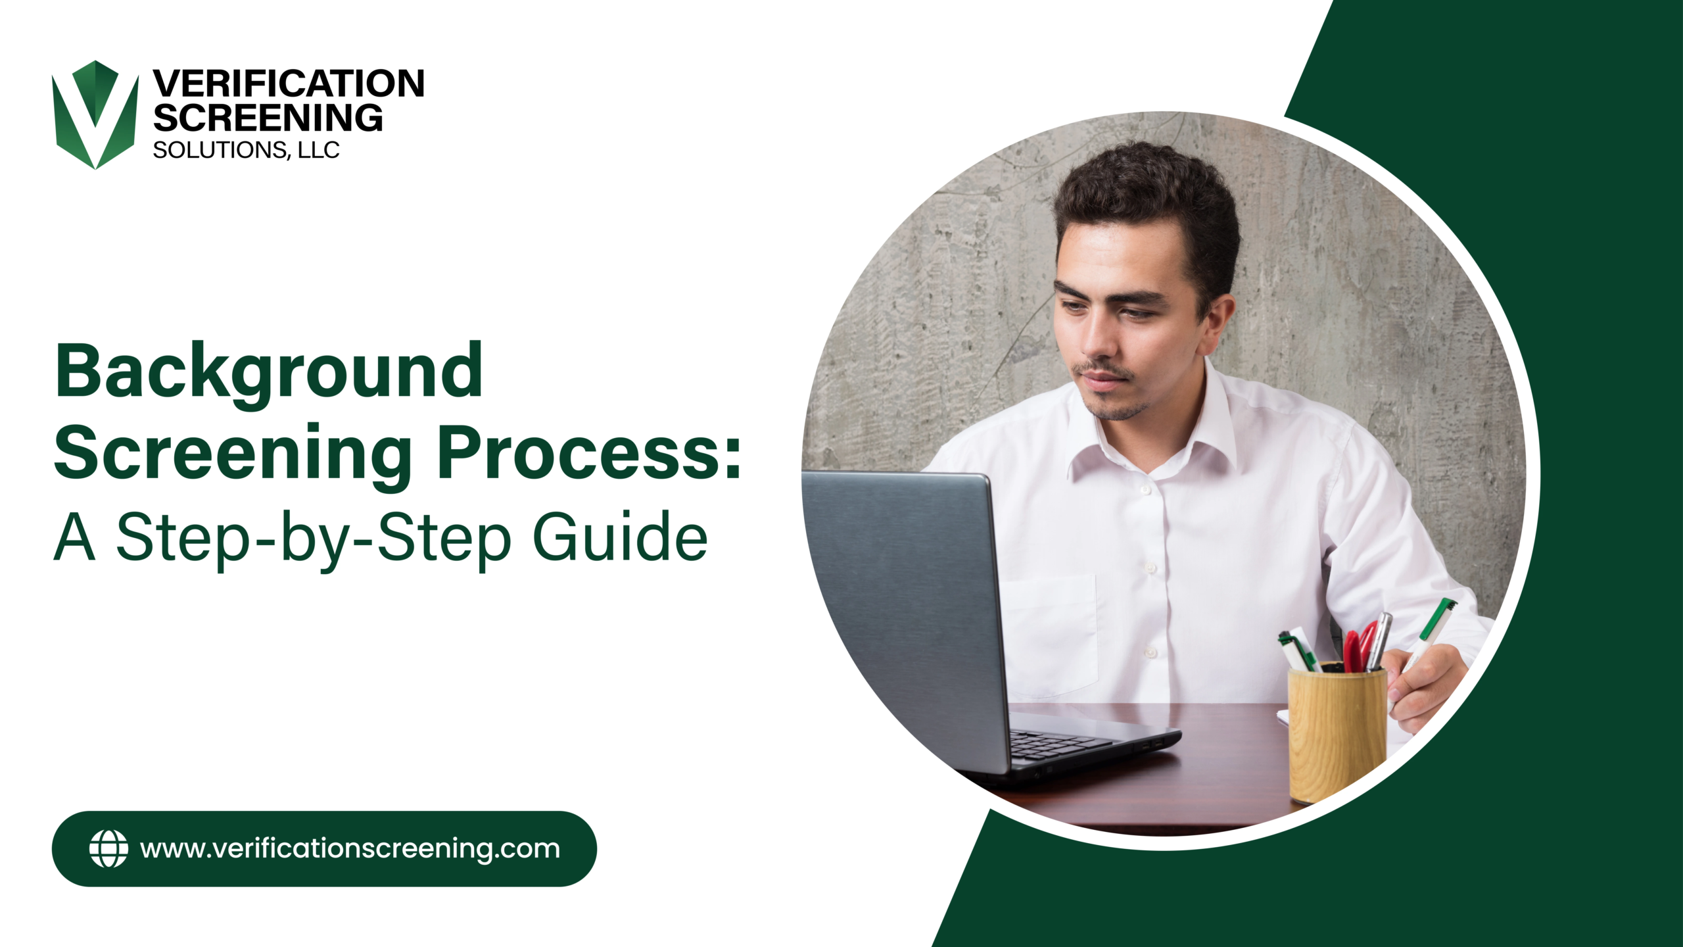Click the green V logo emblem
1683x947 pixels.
pos(95,115)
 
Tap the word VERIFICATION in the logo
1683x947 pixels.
pos(289,84)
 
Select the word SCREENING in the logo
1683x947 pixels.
pos(268,118)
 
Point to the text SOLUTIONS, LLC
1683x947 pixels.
pos(247,151)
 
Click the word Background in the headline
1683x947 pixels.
pos(270,372)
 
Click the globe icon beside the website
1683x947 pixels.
pos(108,848)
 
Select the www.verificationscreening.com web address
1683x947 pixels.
pos(350,848)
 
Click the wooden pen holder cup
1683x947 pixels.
pos(1337,733)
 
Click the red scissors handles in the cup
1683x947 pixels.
pos(1358,648)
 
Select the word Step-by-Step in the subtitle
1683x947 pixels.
pos(313,538)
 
